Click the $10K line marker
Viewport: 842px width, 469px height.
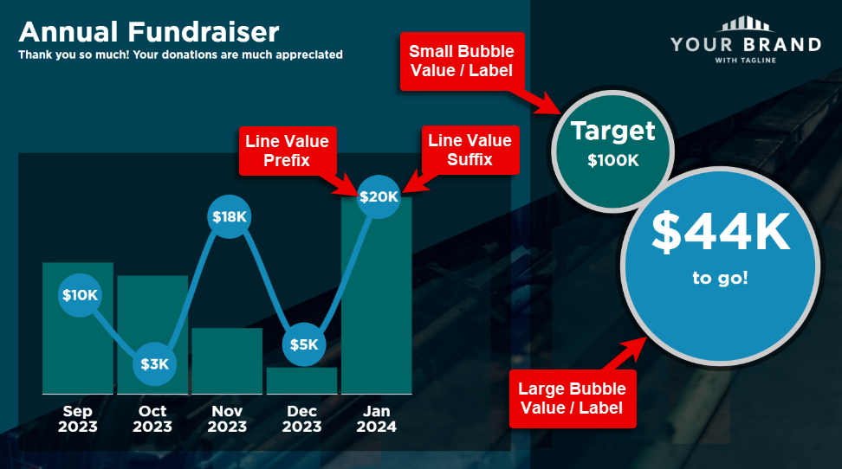[x=80, y=295]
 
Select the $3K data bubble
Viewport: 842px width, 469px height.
[x=155, y=364]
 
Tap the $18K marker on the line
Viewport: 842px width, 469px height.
[x=230, y=217]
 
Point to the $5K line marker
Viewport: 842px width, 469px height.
[x=304, y=344]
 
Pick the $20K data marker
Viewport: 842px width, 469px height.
[x=379, y=197]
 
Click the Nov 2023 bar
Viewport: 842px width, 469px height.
[x=227, y=361]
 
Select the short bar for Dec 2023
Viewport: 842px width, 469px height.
[x=301, y=381]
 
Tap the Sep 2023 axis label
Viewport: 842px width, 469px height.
[x=78, y=419]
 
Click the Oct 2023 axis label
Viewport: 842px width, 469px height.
[x=152, y=419]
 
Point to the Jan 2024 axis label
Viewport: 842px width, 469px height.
[x=377, y=419]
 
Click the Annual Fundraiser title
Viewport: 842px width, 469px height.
[x=149, y=32]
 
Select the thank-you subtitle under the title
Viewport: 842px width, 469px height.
[x=180, y=55]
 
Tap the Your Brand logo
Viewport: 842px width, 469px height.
[x=746, y=40]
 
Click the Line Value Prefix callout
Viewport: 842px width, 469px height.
[x=288, y=151]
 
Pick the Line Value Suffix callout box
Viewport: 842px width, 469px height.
[x=470, y=150]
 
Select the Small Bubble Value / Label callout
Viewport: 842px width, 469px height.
[x=463, y=61]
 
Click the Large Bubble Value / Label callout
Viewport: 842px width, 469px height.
[x=573, y=399]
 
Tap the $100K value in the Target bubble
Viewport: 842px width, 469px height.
[x=613, y=160]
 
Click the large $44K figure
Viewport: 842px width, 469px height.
[x=721, y=232]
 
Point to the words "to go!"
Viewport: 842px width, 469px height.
[x=720, y=278]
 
